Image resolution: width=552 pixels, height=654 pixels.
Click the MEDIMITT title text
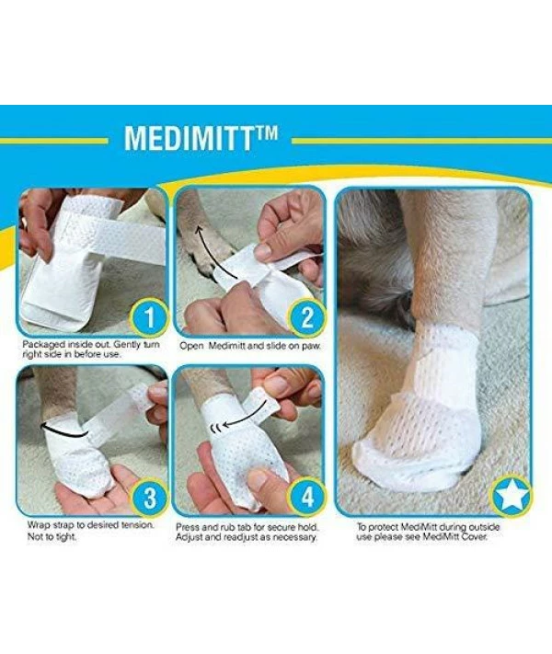tap(201, 139)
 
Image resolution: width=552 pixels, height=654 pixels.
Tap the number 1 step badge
tap(149, 318)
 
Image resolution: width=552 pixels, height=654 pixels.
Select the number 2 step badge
tap(307, 318)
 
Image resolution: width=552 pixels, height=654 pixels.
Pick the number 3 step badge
tap(149, 498)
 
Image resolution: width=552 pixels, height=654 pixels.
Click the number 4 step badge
tap(308, 498)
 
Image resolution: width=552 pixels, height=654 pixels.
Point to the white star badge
tap(511, 498)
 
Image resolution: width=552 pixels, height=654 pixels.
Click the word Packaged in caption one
tap(43, 345)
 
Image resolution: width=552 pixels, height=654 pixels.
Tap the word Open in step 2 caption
tap(192, 346)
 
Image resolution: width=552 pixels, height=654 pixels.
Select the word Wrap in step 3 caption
tap(39, 525)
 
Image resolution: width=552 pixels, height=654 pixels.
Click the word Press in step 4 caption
tap(188, 528)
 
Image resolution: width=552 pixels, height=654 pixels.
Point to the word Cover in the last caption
tap(475, 537)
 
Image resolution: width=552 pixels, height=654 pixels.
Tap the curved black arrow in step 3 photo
tap(63, 430)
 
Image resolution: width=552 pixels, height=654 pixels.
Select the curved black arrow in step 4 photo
tap(247, 413)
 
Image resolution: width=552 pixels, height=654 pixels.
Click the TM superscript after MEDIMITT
tap(265, 133)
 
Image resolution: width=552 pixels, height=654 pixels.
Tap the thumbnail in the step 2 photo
tap(264, 251)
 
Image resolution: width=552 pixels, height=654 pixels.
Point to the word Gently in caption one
tap(128, 345)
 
